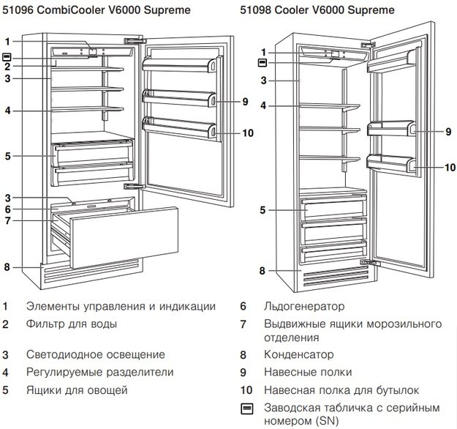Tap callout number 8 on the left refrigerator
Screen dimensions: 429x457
pos(7,266)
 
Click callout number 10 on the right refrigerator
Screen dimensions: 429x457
pos(450,167)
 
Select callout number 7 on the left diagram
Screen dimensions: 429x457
pos(7,220)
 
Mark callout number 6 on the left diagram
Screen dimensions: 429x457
pos(7,209)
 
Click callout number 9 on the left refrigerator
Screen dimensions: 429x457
pos(246,101)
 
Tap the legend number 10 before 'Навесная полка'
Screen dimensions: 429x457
pos(246,390)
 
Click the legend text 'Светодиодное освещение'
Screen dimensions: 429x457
pos(95,355)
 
